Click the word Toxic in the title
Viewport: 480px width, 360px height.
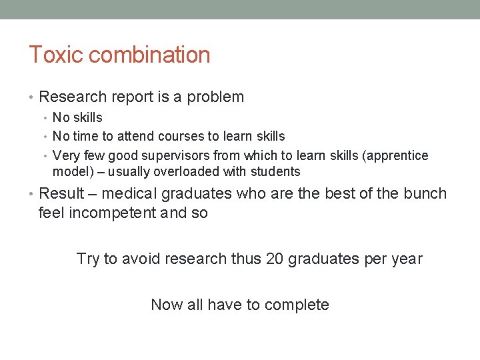(x=49, y=55)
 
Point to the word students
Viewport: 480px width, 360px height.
(x=276, y=172)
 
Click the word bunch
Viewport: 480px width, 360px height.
(x=423, y=194)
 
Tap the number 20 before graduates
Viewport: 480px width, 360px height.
(x=274, y=259)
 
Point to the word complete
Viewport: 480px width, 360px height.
(x=297, y=305)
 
